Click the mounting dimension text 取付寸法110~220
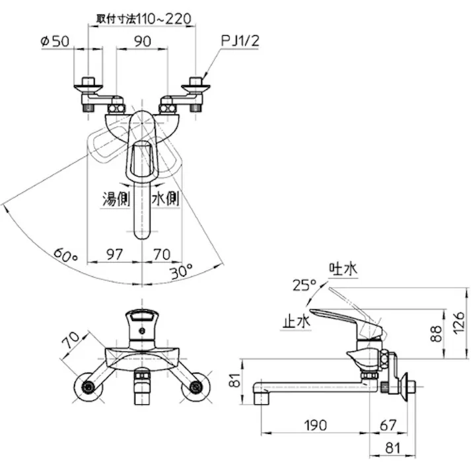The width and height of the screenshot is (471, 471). click(143, 18)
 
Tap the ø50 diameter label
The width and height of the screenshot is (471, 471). click(55, 41)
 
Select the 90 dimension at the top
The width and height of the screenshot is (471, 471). click(143, 41)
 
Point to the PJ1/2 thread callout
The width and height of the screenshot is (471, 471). click(240, 40)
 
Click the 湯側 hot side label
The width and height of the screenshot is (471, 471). click(116, 199)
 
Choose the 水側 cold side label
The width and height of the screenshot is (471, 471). click(166, 199)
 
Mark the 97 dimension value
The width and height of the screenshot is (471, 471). click(115, 254)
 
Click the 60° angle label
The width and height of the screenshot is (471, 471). click(66, 255)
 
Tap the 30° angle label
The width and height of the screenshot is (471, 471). click(181, 272)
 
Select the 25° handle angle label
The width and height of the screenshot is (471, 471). click(305, 285)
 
